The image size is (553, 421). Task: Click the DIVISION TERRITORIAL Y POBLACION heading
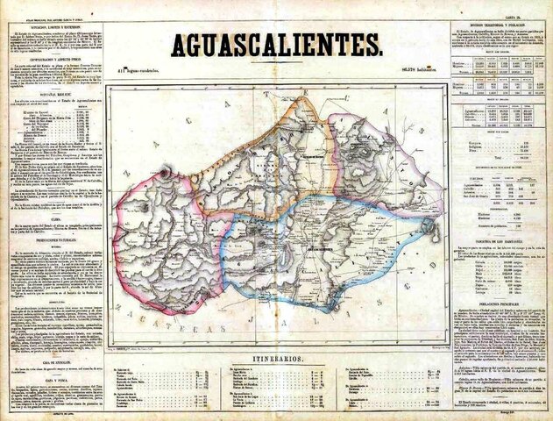(x=503, y=27)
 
